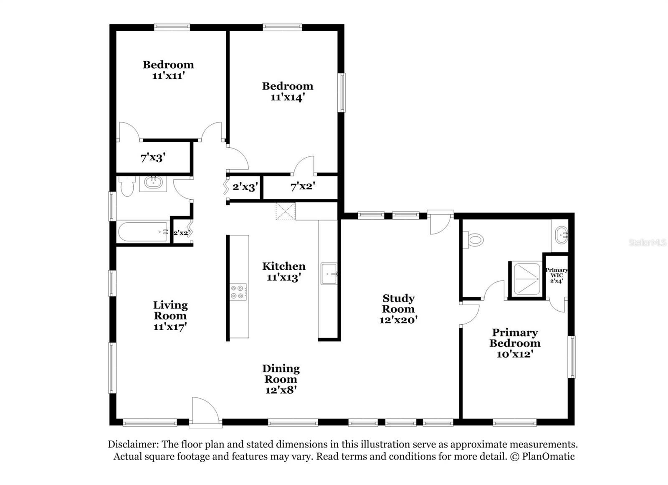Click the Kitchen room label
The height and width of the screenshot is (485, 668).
pyautogui.click(x=283, y=266)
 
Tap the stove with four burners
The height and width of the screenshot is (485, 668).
pyautogui.click(x=238, y=292)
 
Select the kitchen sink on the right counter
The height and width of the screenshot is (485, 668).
pyautogui.click(x=329, y=274)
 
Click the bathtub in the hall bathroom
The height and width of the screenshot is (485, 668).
pyautogui.click(x=142, y=231)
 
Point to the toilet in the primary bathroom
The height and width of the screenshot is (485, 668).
pyautogui.click(x=474, y=240)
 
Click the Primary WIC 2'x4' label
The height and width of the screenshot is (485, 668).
pyautogui.click(x=557, y=275)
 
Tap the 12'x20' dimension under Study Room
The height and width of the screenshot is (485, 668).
pyautogui.click(x=398, y=320)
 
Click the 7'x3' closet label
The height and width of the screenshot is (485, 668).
pyautogui.click(x=153, y=158)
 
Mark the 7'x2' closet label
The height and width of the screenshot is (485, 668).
pyautogui.click(x=302, y=187)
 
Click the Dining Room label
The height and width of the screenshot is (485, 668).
pyautogui.click(x=281, y=374)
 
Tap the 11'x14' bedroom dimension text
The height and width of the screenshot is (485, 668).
pyautogui.click(x=287, y=97)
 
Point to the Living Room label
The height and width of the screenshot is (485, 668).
pyautogui.click(x=170, y=310)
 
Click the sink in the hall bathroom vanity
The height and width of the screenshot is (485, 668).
pyautogui.click(x=153, y=183)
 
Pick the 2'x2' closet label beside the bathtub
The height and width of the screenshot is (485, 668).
pyautogui.click(x=181, y=233)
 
